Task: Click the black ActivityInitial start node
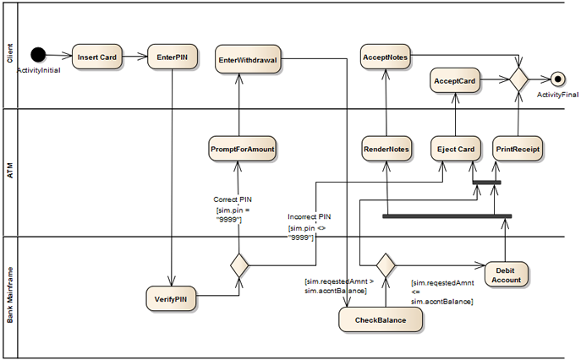38,54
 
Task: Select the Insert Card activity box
97,57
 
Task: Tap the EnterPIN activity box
173,57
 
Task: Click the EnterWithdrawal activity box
248,59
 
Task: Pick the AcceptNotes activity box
386,57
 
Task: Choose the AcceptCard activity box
455,80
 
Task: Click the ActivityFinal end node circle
557,79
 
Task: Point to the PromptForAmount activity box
243,149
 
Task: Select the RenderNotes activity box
386,149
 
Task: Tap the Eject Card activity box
456,149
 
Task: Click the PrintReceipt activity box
518,149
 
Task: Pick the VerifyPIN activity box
171,298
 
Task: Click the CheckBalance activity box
381,319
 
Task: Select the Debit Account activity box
506,275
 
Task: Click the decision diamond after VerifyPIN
239,265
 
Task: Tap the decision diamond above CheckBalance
386,265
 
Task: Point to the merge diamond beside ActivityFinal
518,79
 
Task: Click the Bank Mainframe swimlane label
10,295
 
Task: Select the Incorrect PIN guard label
310,216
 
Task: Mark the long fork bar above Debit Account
447,216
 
